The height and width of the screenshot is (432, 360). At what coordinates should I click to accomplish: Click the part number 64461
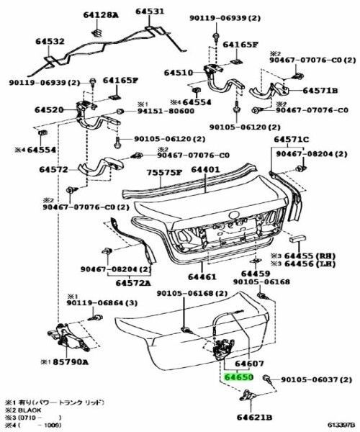[x=202, y=277]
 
